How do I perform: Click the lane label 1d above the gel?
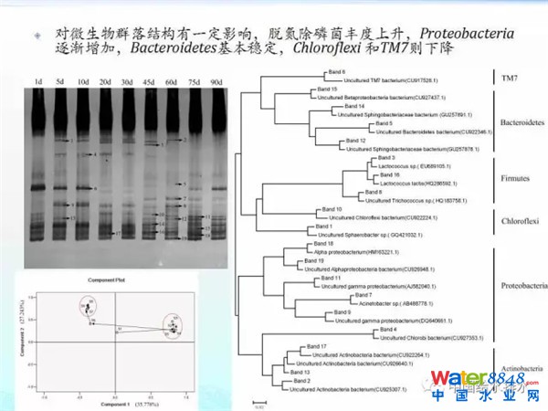point(38,83)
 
